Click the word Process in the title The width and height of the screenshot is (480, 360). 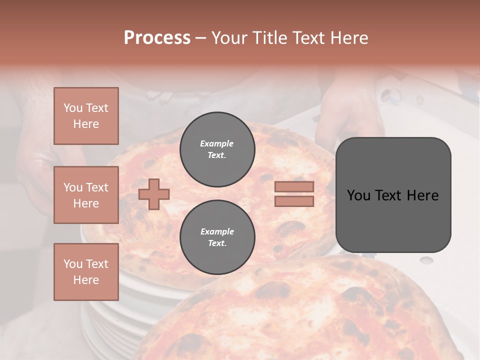157,38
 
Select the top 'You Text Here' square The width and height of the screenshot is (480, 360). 86,116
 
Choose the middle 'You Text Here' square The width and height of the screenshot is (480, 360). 86,195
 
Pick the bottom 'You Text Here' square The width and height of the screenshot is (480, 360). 86,272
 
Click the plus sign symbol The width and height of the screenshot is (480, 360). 154,194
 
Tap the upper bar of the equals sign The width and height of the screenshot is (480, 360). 294,186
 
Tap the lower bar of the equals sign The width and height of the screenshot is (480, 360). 294,201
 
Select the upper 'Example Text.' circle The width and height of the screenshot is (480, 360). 217,149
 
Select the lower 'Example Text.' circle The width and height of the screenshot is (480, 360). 217,237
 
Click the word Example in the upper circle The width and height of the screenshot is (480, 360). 217,143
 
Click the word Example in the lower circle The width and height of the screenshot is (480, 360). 217,231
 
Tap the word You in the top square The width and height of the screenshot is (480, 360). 73,108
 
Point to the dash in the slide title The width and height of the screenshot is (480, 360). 200,38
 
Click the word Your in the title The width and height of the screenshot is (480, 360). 229,38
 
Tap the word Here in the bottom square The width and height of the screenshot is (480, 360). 86,280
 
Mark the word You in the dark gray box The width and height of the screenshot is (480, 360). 358,195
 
